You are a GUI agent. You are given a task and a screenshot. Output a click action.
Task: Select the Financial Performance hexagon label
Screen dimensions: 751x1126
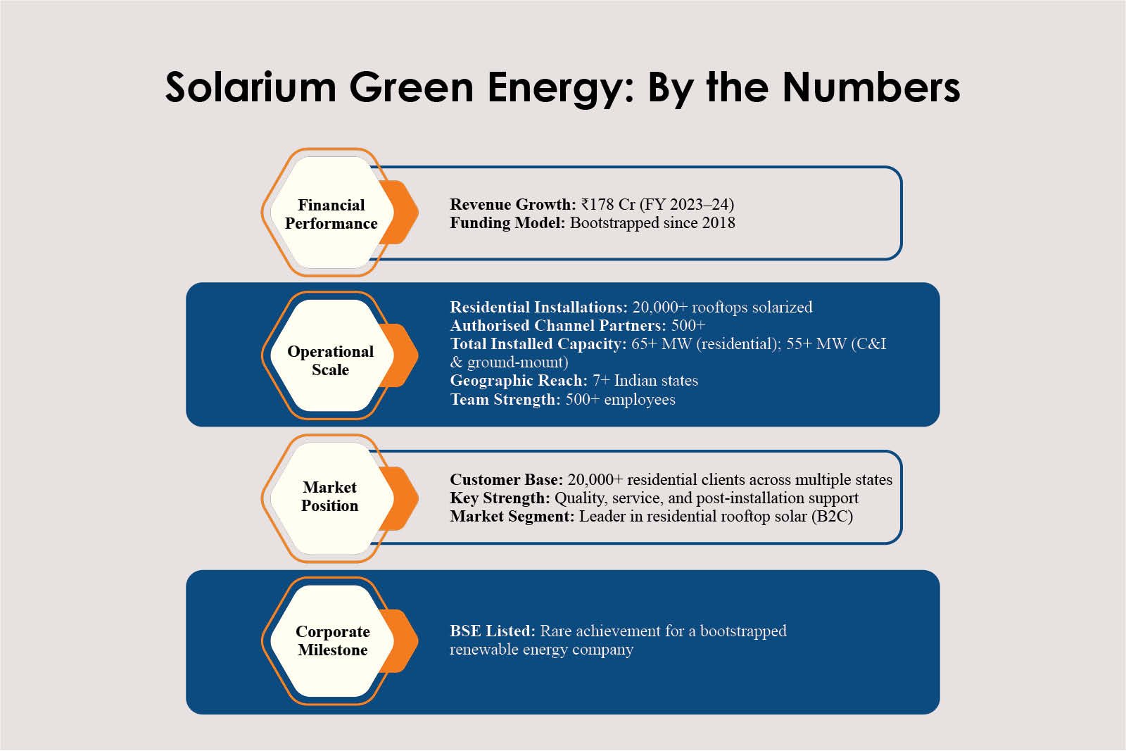point(331,214)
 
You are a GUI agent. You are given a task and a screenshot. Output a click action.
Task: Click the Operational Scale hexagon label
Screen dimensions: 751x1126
point(330,360)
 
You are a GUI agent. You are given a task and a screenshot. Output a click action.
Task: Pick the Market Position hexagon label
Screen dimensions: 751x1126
point(329,496)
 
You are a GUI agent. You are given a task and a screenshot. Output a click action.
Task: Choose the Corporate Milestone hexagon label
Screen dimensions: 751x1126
point(332,640)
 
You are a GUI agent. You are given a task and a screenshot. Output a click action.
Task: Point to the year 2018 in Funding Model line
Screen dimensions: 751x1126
point(718,222)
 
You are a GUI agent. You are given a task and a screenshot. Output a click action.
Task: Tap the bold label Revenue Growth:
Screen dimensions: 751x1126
point(513,204)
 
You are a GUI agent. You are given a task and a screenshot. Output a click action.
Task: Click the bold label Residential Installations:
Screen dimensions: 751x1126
point(538,307)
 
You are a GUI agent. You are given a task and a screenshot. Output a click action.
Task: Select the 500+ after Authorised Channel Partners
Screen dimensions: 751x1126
point(688,325)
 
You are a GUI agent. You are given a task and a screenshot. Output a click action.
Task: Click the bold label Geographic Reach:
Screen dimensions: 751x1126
point(519,380)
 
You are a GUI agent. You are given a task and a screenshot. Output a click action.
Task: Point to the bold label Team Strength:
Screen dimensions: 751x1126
point(505,399)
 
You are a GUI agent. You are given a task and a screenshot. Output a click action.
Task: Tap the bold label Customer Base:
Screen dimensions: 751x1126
point(506,479)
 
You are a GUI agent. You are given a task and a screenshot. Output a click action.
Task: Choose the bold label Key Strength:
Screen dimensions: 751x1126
point(500,498)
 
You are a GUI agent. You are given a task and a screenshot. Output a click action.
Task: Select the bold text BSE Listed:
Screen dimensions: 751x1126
point(493,631)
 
